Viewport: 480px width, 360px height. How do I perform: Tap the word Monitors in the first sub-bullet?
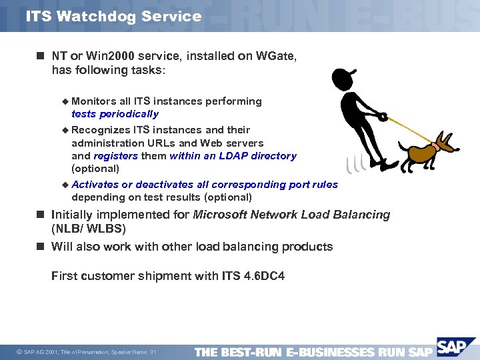pyautogui.click(x=94, y=101)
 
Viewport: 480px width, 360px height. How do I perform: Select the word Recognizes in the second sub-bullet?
pyautogui.click(x=101, y=130)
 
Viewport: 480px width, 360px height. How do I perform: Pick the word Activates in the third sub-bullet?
pyautogui.click(x=95, y=185)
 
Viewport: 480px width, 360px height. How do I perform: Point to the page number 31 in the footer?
pyautogui.click(x=153, y=352)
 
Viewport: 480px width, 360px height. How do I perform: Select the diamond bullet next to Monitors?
pyautogui.click(x=65, y=101)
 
